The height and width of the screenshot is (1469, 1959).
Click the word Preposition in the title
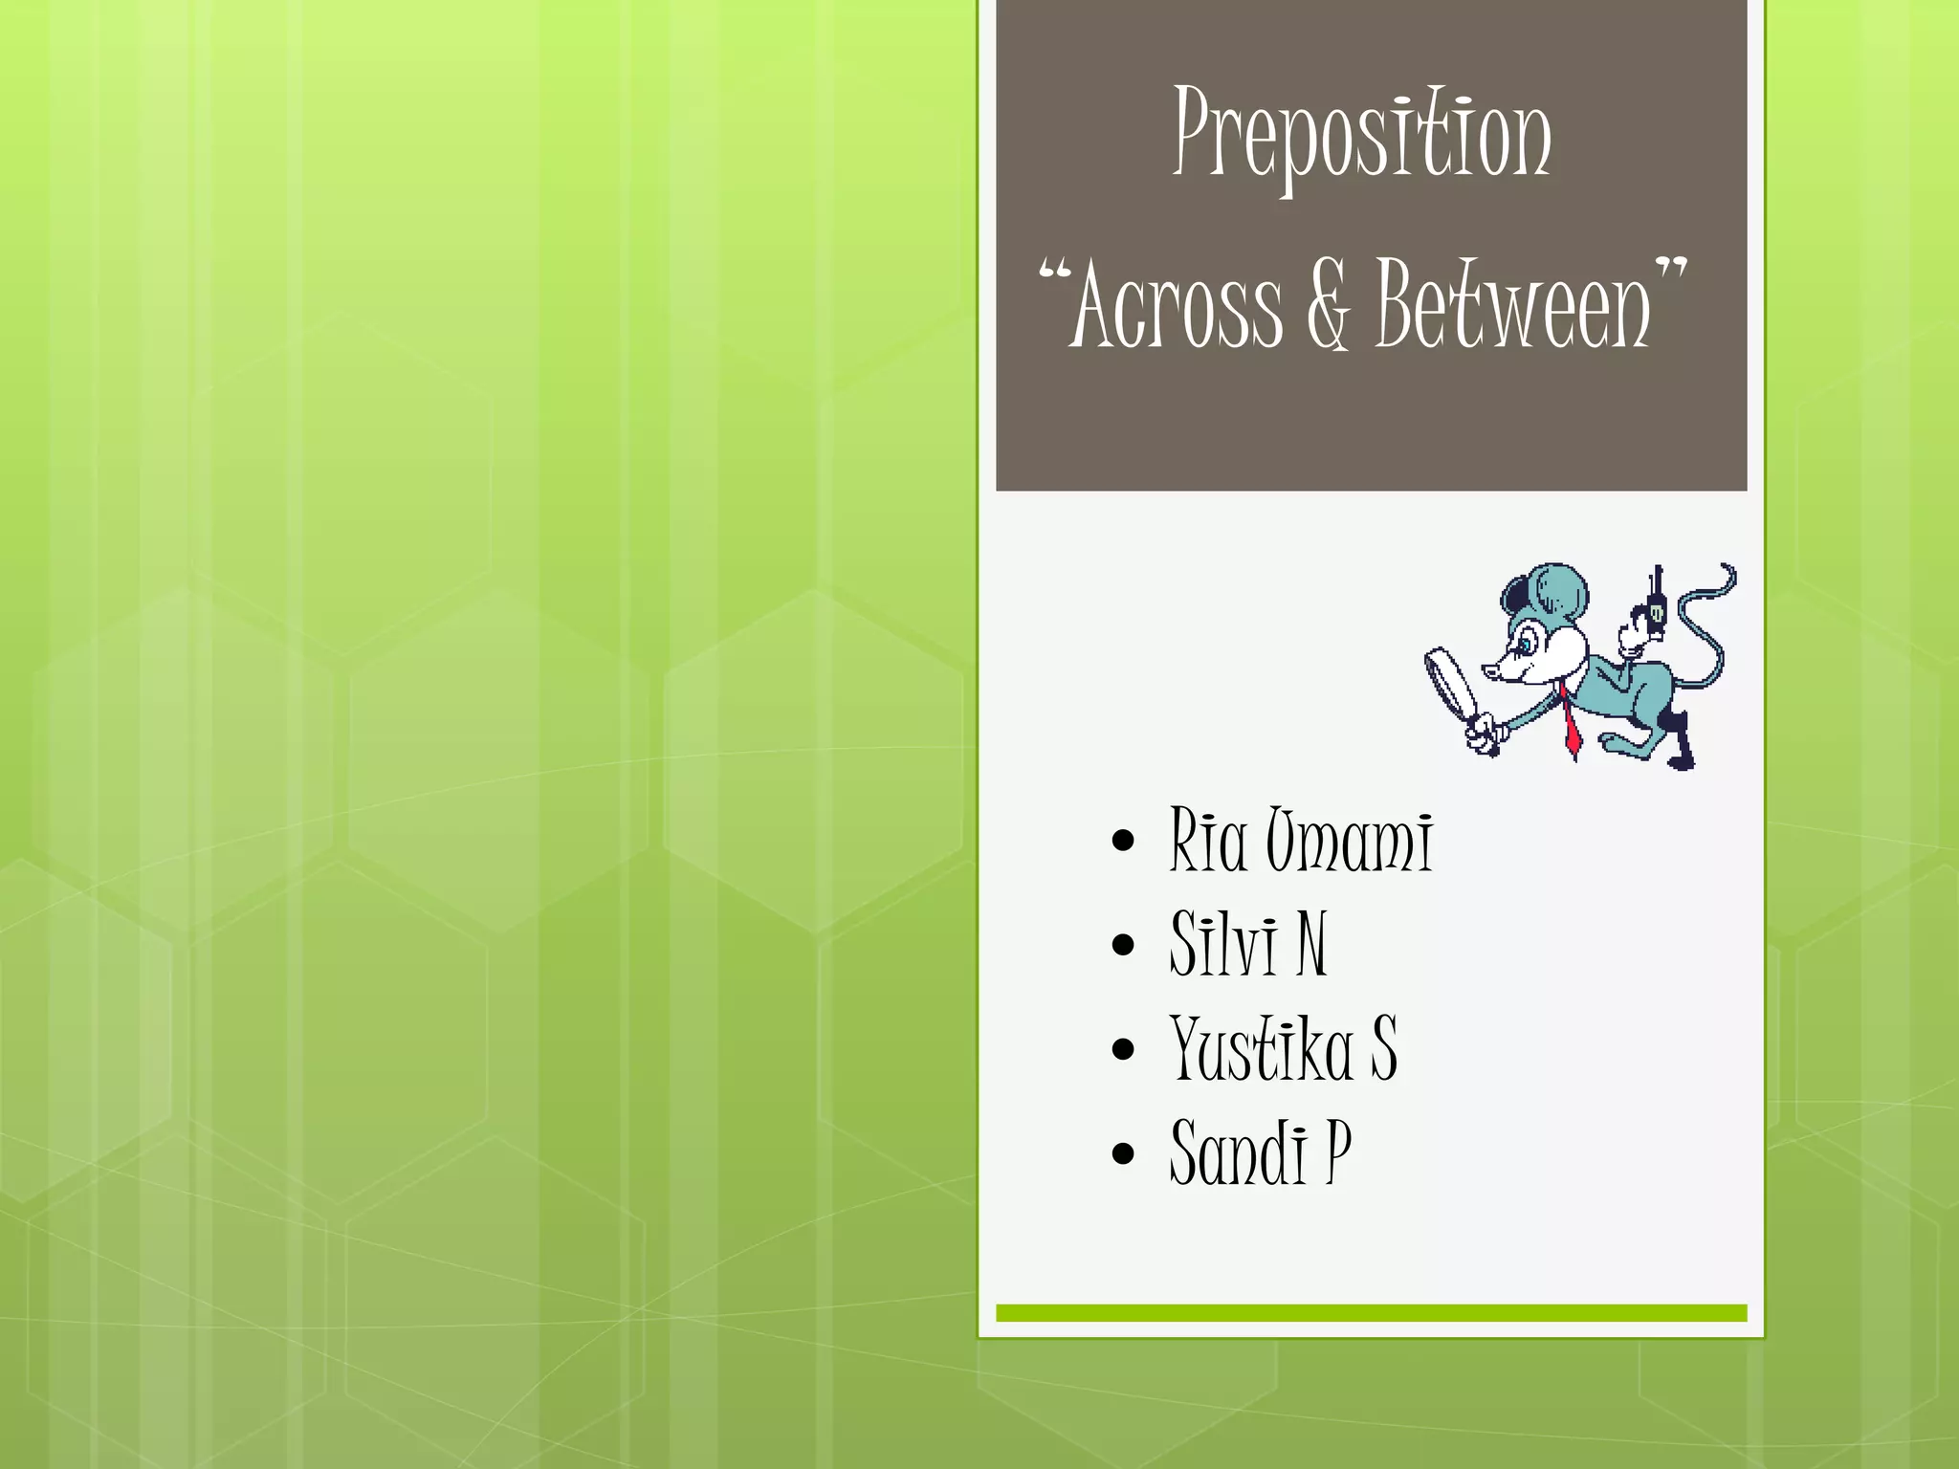pyautogui.click(x=1362, y=134)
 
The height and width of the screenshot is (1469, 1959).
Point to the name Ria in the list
pyautogui.click(x=1208, y=841)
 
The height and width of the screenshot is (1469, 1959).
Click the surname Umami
pyautogui.click(x=1350, y=841)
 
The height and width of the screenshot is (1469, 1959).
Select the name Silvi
pyautogui.click(x=1224, y=944)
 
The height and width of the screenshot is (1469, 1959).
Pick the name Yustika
pyautogui.click(x=1261, y=1049)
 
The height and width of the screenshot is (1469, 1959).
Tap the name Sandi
pyautogui.click(x=1239, y=1153)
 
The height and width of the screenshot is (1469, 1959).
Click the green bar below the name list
pyautogui.click(x=1371, y=1313)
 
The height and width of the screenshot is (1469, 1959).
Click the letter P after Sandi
pyautogui.click(x=1338, y=1151)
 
